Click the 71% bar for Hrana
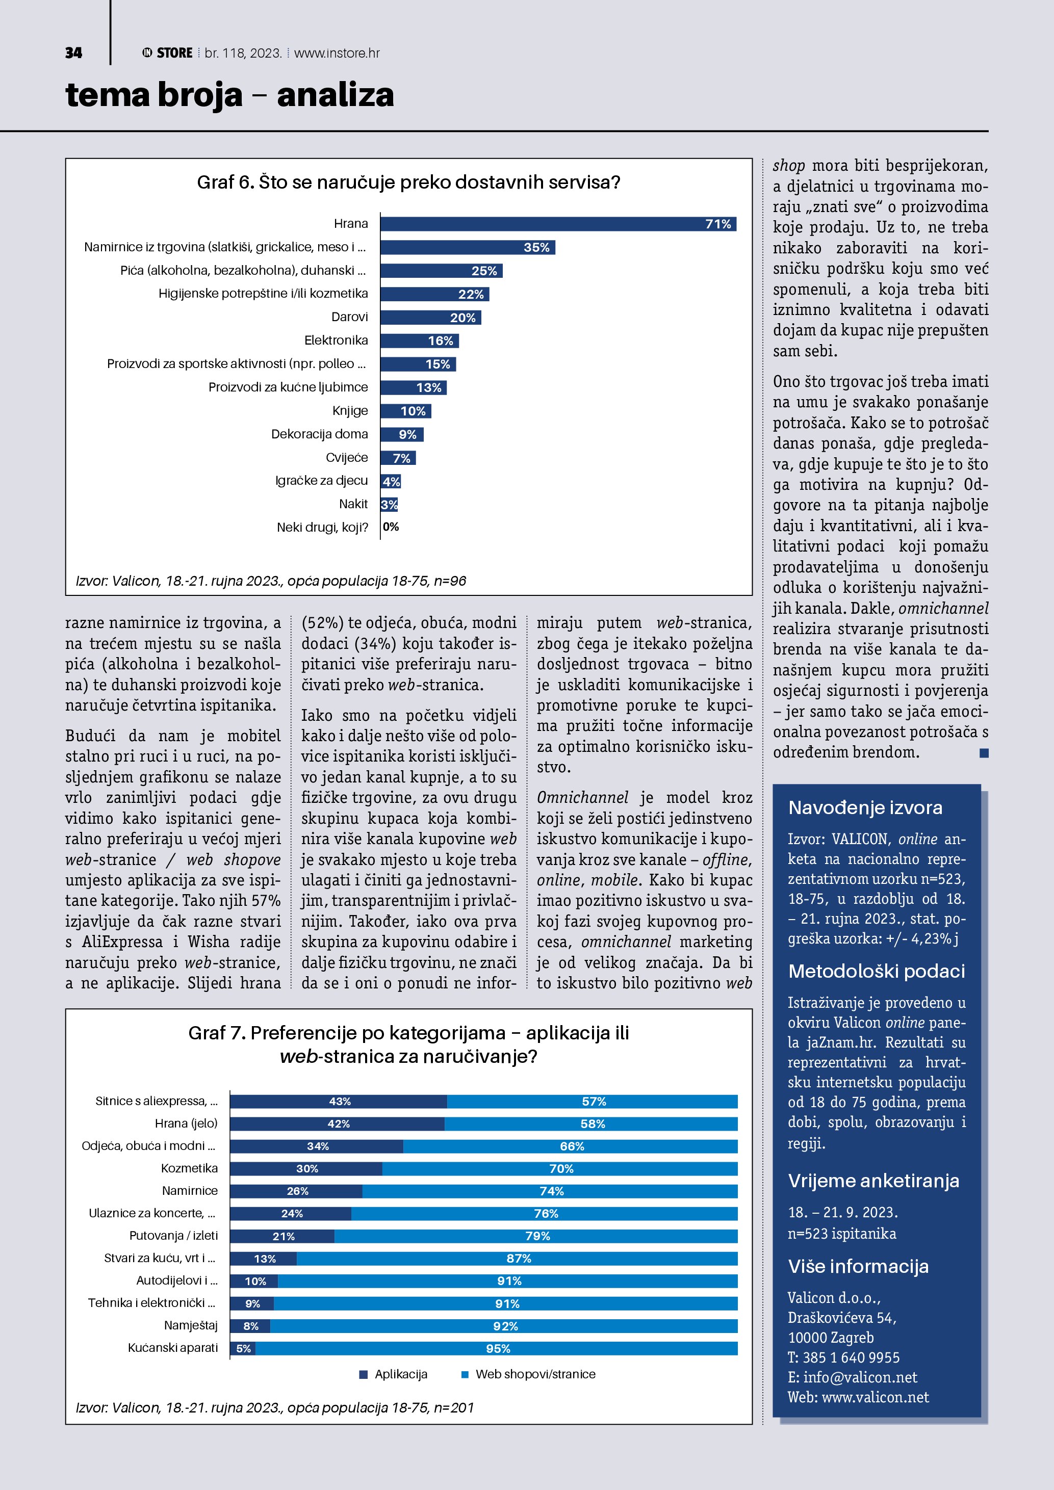click(558, 224)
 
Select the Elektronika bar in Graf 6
click(419, 341)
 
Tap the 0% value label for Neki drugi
click(391, 527)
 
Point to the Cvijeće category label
click(347, 458)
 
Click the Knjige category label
click(350, 411)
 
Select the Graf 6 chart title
click(408, 182)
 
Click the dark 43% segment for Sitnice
click(338, 1101)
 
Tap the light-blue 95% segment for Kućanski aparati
click(497, 1348)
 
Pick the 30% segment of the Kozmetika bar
click(306, 1169)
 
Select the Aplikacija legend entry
click(394, 1374)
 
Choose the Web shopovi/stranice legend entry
click(528, 1374)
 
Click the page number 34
click(73, 53)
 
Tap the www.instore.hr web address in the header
click(337, 53)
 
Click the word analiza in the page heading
click(335, 95)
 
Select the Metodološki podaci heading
click(876, 971)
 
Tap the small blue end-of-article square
click(984, 753)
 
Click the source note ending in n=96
click(271, 581)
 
